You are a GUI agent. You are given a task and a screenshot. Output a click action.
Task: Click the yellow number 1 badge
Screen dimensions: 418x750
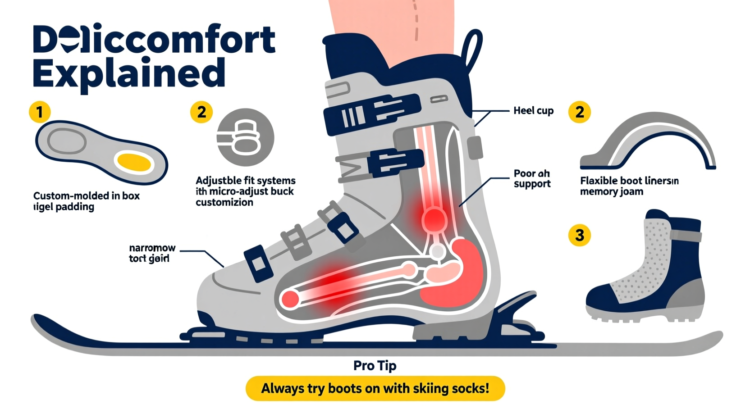(40, 112)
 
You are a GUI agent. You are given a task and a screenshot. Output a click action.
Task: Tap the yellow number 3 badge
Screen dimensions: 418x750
(580, 235)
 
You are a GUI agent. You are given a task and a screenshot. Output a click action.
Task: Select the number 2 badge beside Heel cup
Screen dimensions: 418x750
(580, 112)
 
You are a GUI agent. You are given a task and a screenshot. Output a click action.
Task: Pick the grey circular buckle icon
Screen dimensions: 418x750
(246, 137)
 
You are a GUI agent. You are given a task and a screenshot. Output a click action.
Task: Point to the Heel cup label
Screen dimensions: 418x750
(533, 111)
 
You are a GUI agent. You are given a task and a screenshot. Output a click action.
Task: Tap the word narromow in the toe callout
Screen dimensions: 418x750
(152, 248)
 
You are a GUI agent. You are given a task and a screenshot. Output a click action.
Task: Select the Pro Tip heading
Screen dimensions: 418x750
(375, 365)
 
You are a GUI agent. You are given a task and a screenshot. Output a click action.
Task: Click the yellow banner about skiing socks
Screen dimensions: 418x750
(375, 388)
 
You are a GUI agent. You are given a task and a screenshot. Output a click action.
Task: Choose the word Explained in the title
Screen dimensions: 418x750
(129, 74)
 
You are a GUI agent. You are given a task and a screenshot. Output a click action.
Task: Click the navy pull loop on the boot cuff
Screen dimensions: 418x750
(473, 50)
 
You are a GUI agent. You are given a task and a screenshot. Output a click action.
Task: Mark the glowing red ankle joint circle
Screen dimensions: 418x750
(434, 218)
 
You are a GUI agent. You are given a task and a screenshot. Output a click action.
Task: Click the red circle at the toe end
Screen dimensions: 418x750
(290, 299)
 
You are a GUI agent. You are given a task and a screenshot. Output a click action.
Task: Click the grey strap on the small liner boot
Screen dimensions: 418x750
(686, 235)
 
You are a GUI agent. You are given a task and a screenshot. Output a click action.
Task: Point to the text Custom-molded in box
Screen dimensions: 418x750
(87, 196)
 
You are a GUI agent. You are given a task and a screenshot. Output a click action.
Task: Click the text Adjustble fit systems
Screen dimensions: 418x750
(246, 181)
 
